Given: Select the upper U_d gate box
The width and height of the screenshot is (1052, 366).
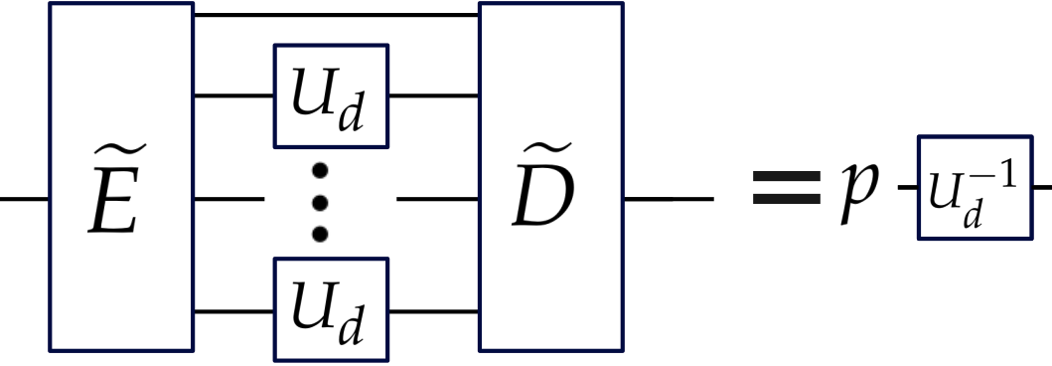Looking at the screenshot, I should point(331,95).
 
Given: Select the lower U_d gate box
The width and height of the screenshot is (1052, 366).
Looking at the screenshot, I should point(331,309).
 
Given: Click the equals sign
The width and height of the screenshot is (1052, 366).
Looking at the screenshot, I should point(786,190).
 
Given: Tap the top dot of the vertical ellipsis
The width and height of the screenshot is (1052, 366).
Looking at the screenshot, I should point(320,173).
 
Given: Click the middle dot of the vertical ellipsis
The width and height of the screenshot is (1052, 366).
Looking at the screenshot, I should point(320,203).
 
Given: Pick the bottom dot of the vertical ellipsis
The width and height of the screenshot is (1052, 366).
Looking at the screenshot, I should point(320,234).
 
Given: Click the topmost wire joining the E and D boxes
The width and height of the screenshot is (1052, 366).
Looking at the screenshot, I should point(336,16).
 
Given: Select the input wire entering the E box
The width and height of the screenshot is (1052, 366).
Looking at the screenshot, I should point(24,198).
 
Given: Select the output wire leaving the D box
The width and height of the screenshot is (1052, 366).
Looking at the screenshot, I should point(668,198).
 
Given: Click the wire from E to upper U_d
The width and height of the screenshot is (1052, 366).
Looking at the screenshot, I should point(233,95).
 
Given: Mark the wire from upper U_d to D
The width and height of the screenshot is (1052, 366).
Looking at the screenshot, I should point(433,95).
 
